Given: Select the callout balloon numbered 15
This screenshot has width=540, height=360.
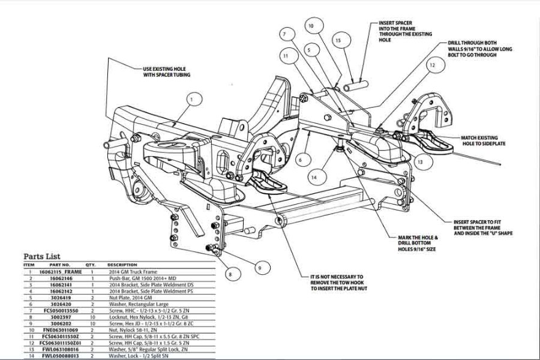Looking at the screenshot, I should point(338,41).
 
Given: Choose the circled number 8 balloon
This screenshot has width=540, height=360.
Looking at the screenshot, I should point(229,274).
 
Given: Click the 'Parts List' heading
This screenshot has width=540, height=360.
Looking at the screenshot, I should point(45,256).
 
